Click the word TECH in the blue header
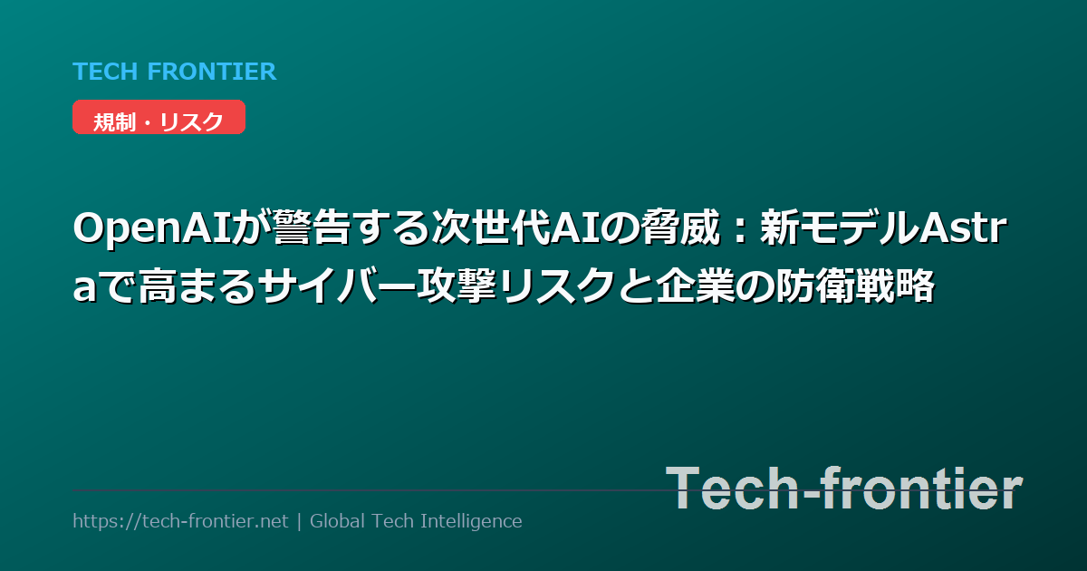point(105,72)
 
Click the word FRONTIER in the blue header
point(212,72)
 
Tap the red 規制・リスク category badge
point(159,117)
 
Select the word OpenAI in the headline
point(153,229)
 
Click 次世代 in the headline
point(493,228)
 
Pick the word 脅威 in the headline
point(681,228)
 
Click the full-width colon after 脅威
point(739,229)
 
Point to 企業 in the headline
point(696,286)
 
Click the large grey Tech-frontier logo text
point(844,489)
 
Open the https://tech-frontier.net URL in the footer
point(180,521)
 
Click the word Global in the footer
point(337,521)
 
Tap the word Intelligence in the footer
point(471,522)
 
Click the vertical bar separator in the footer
point(299,521)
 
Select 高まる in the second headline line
point(197,286)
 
